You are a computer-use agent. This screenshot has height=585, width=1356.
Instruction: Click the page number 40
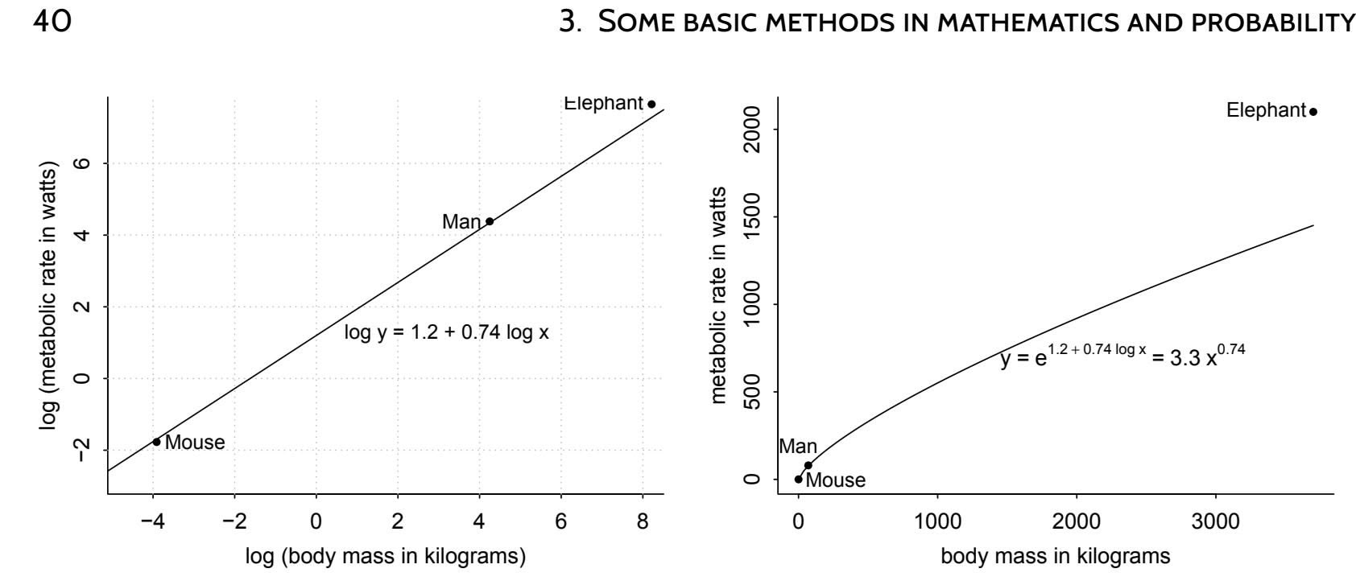pos(52,22)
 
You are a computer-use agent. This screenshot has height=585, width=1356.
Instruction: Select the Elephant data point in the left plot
pos(651,104)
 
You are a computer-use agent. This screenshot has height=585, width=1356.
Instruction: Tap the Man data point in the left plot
pos(489,221)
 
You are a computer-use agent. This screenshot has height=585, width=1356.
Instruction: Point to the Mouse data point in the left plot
pos(156,442)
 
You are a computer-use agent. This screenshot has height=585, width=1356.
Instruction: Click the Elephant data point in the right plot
pos(1313,112)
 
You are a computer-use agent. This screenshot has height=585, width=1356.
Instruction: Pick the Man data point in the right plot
pos(808,465)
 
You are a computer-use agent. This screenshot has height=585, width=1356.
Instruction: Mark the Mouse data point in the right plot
pos(799,480)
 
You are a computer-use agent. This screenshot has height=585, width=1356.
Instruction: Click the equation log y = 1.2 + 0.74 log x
pos(446,332)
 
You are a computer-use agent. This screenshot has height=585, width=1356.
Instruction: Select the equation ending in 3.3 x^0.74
pos(1122,356)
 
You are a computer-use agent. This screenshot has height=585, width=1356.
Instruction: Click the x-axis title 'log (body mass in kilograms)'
pos(386,557)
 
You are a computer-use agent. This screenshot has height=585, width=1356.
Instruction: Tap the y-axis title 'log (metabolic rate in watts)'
pos(50,295)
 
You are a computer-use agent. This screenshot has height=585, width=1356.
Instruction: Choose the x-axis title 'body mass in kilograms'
pos(1056,556)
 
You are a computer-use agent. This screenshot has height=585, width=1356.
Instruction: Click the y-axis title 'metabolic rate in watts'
pos(719,295)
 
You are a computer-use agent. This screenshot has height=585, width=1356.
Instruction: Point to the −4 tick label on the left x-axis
pos(152,522)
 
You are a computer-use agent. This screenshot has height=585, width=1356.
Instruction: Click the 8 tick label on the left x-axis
pos(643,522)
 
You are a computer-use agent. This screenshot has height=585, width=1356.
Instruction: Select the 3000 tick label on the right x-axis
pos(1215,522)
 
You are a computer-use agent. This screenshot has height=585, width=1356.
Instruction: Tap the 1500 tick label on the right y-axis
pos(752,217)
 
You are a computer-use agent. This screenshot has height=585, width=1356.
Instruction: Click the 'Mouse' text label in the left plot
pos(195,443)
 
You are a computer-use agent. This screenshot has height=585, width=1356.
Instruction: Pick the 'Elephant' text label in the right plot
pos(1266,111)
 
